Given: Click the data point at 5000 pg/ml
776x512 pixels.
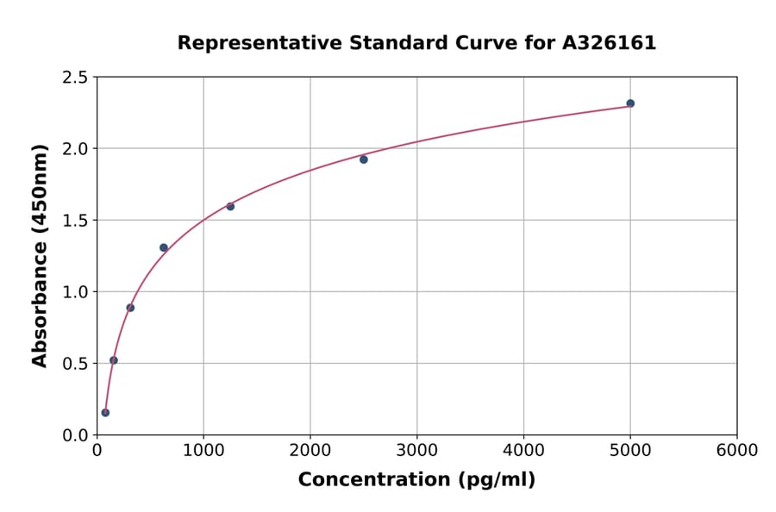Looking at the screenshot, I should pyautogui.click(x=630, y=103).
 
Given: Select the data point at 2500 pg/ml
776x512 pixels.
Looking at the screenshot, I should pyautogui.click(x=364, y=159).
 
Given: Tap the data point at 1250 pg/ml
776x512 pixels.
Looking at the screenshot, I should pyautogui.click(x=230, y=206).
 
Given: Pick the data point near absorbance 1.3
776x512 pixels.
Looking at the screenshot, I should pyautogui.click(x=164, y=248).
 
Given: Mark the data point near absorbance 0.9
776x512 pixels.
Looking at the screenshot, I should pyautogui.click(x=130, y=308).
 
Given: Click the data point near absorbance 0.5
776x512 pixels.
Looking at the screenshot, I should pyautogui.click(x=114, y=360).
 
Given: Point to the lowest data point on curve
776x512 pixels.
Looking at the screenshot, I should pyautogui.click(x=105, y=413).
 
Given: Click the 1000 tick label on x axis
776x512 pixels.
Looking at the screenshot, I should pyautogui.click(x=203, y=451).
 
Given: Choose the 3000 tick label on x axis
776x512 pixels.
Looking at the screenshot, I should pyautogui.click(x=417, y=451).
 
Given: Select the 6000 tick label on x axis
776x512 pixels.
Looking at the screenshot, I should pyautogui.click(x=737, y=451).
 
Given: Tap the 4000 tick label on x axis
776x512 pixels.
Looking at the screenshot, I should pyautogui.click(x=524, y=451).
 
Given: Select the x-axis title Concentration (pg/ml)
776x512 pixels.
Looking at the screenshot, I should pyautogui.click(x=416, y=480).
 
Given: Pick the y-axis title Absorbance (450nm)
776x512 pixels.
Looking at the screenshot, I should pyautogui.click(x=40, y=256).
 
